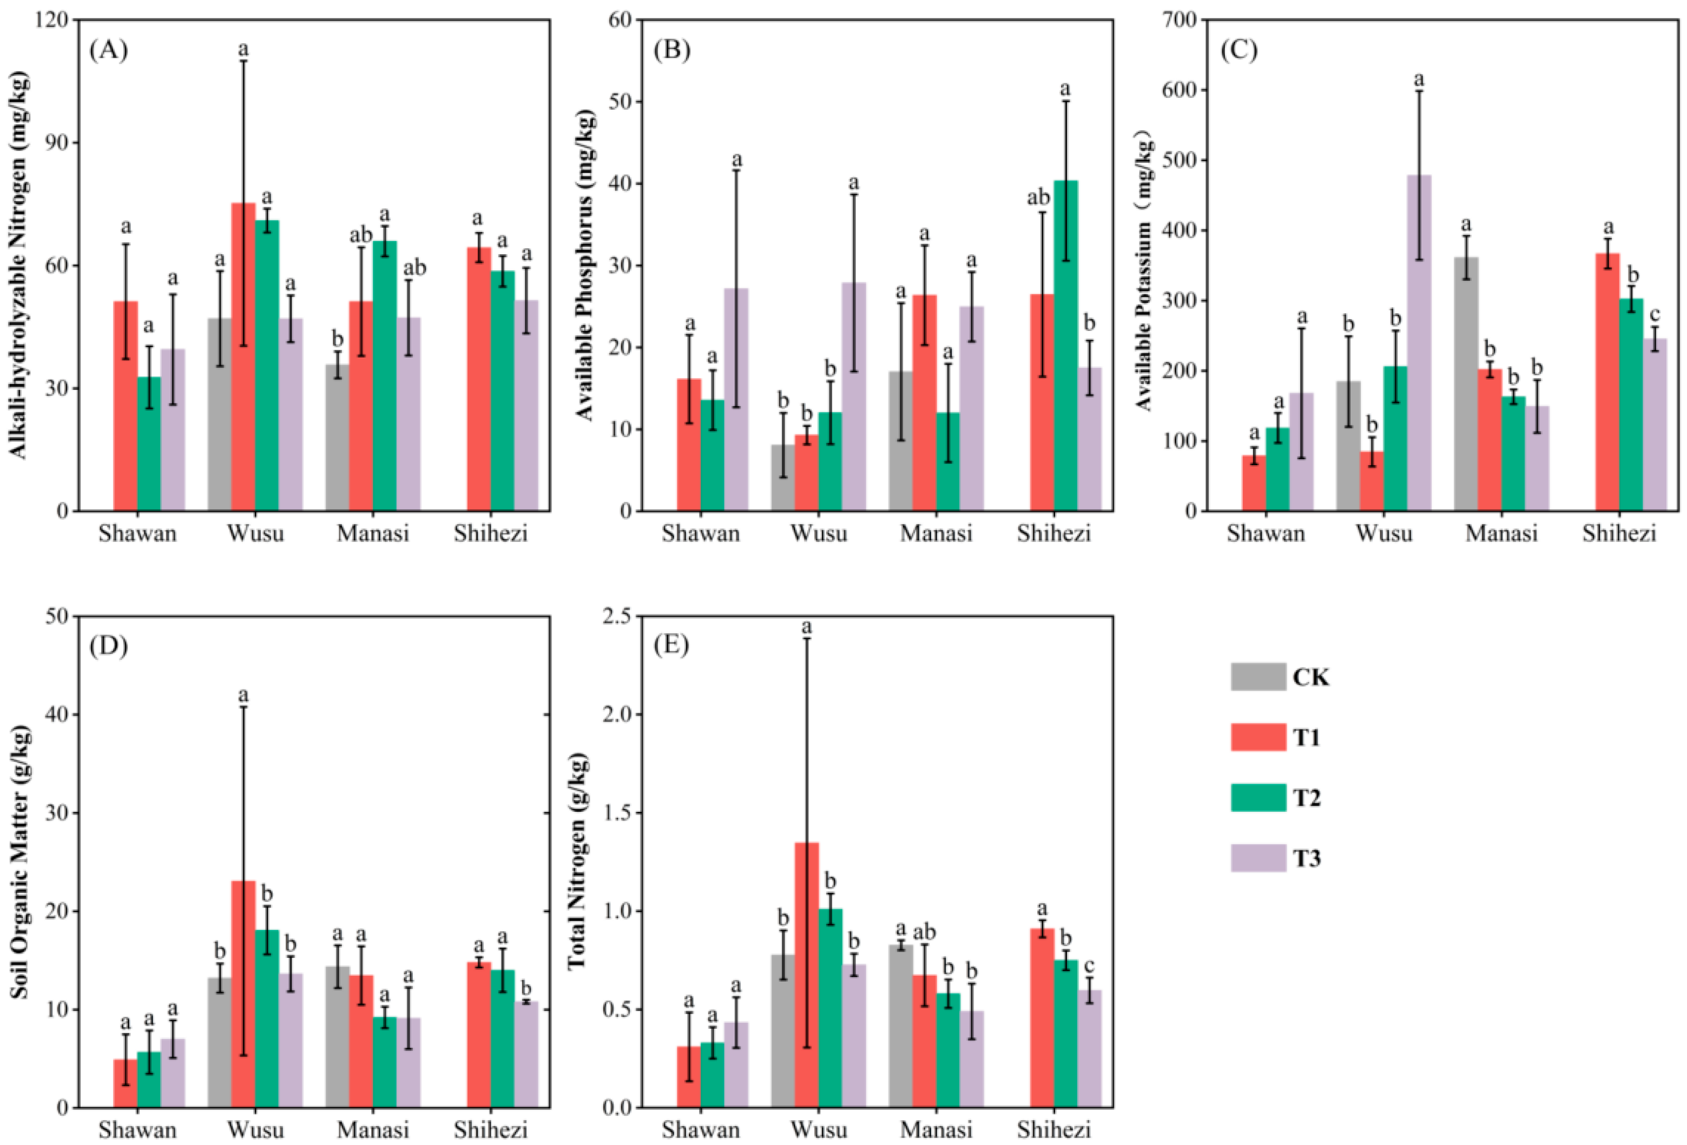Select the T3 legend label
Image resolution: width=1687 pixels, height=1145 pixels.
coord(1306,859)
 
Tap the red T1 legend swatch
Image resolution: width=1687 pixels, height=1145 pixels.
coord(1258,737)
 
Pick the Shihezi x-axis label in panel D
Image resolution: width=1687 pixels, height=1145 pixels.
coord(491,1130)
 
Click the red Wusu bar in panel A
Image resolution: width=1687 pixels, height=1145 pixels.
coord(243,357)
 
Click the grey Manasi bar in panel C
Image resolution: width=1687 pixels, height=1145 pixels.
coord(1466,384)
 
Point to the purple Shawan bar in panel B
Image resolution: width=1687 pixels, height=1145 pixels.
coord(736,400)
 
